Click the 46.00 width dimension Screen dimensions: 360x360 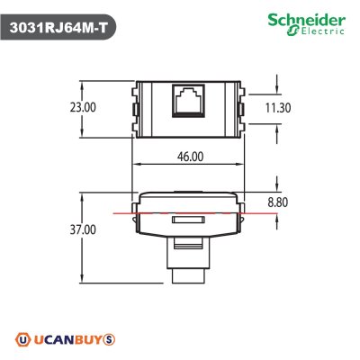click(188, 156)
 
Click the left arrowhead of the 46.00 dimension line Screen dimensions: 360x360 click(136, 167)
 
